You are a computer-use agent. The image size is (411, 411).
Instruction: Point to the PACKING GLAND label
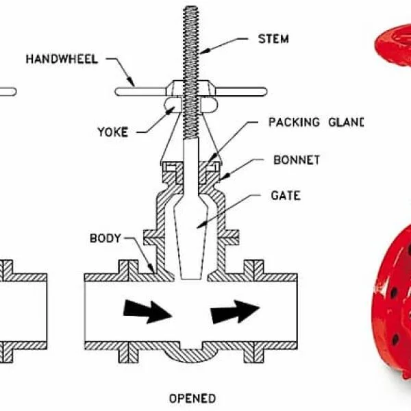pos(314,123)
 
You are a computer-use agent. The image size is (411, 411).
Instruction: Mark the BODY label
pos(105,239)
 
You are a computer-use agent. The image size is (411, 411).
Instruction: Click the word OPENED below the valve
pos(192,398)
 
